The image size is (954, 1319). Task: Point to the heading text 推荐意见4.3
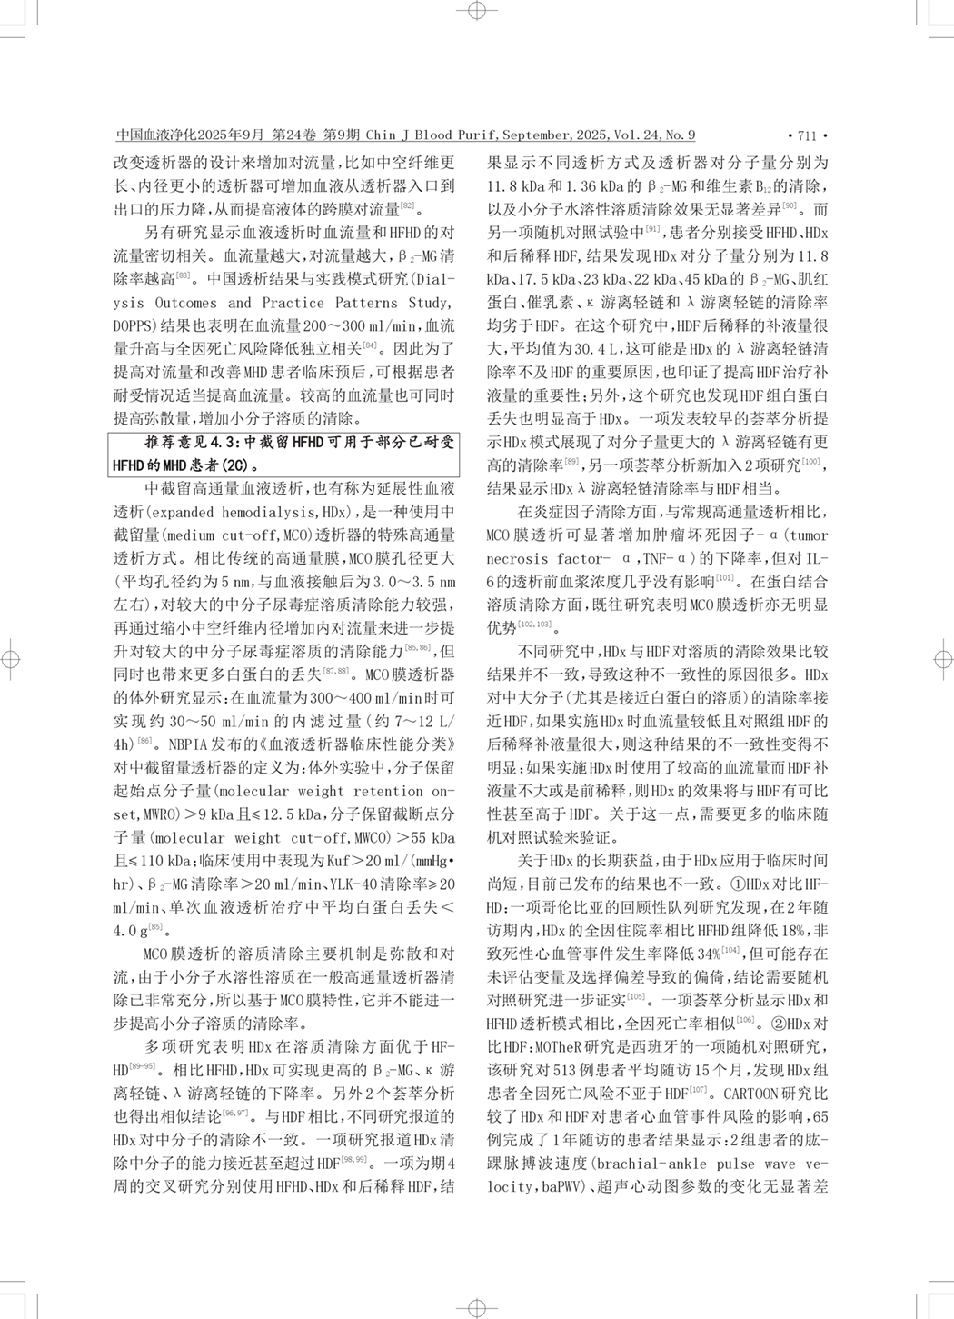(x=191, y=442)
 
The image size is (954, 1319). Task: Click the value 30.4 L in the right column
(x=596, y=348)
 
